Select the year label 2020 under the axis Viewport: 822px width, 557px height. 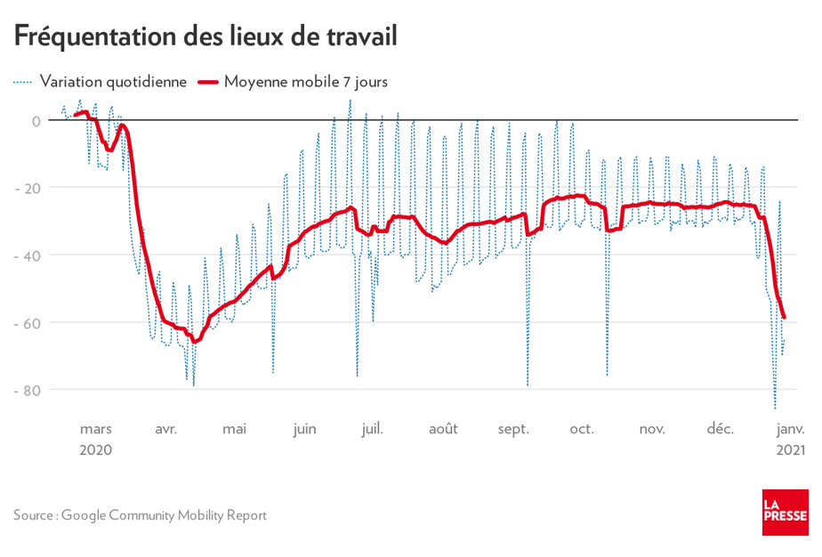point(95,450)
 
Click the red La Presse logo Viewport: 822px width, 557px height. point(785,513)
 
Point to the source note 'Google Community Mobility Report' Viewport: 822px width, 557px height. point(164,515)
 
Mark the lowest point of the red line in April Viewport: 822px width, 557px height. point(194,342)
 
